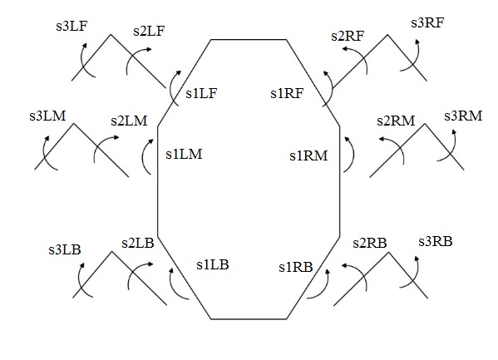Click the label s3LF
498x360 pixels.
71,26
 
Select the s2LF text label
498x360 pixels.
149,31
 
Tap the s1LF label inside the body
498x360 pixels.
201,93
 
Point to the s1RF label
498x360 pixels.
287,93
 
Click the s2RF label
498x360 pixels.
348,36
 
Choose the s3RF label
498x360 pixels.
427,23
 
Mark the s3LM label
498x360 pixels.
47,116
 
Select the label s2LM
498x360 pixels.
129,121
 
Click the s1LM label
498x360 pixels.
184,154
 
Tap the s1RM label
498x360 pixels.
308,155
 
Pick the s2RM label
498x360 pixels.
396,121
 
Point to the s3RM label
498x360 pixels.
463,116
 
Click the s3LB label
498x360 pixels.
65,249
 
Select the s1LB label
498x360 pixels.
213,264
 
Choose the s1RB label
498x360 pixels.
296,267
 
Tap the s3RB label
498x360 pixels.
436,241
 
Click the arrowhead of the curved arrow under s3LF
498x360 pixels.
85,45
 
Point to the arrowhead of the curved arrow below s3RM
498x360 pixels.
454,132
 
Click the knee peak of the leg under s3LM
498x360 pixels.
74,124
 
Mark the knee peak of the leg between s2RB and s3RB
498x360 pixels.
388,253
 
